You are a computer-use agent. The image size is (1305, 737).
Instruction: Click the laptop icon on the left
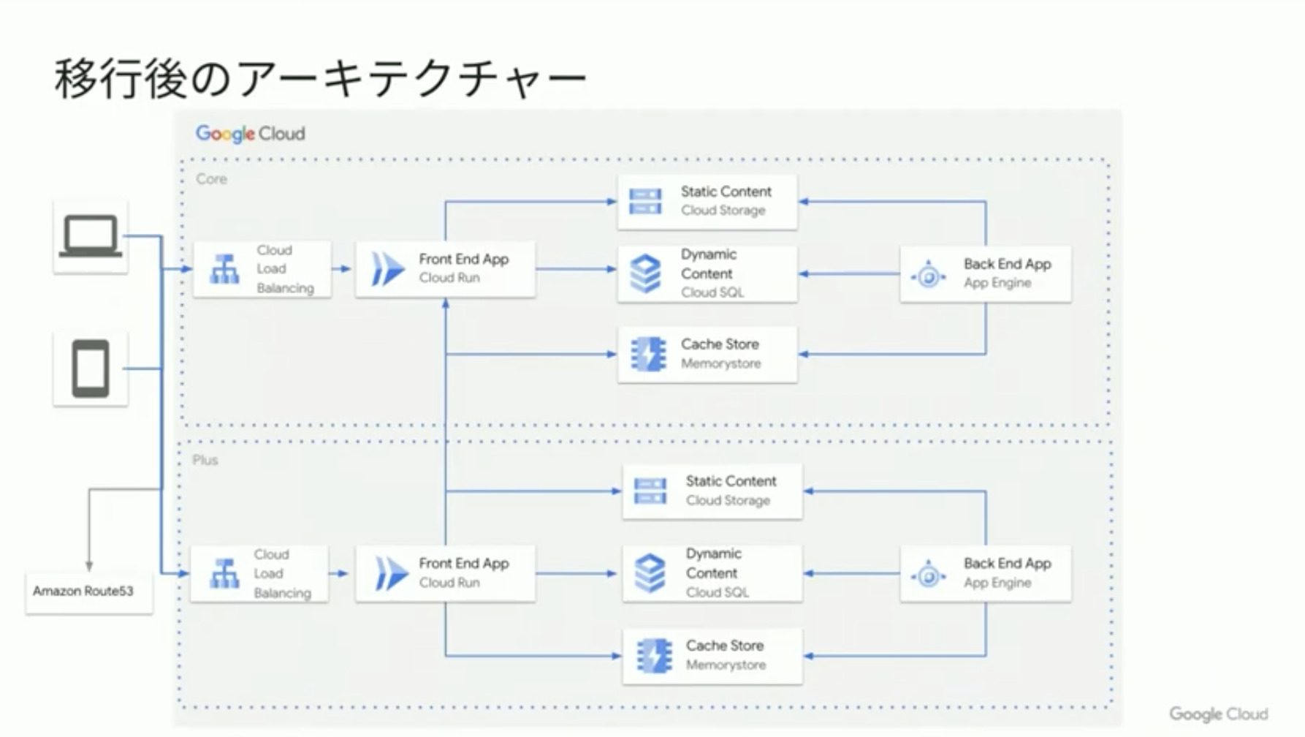coord(91,236)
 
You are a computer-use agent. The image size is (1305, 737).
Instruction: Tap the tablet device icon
coord(91,368)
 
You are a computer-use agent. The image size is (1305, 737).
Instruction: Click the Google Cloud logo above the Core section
coord(250,134)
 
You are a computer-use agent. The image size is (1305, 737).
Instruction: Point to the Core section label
coord(211,179)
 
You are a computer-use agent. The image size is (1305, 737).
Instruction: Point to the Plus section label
coord(205,461)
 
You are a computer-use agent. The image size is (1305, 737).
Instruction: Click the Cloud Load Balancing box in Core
coord(262,269)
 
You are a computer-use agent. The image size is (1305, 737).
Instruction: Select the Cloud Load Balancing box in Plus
coord(259,574)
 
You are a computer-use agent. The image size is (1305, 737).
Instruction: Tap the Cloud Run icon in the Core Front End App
coord(387,268)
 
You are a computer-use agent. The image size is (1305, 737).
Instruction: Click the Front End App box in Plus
coord(445,573)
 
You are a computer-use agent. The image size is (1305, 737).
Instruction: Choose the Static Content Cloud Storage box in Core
coord(707,201)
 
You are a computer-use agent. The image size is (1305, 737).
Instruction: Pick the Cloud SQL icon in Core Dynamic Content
coord(645,273)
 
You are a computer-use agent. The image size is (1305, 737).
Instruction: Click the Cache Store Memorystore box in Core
coord(707,354)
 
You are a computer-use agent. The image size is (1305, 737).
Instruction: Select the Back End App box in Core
coord(985,273)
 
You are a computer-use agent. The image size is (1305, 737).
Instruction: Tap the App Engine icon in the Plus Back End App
coord(928,575)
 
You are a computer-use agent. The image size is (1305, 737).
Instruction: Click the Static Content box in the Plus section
coord(712,491)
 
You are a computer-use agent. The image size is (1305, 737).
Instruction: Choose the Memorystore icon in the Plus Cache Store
coord(653,656)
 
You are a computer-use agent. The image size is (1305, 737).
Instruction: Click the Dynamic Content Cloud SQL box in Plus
coord(712,573)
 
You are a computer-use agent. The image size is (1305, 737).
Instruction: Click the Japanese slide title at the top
coord(320,79)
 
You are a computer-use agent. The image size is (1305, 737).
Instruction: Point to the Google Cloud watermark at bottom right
coord(1218,714)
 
